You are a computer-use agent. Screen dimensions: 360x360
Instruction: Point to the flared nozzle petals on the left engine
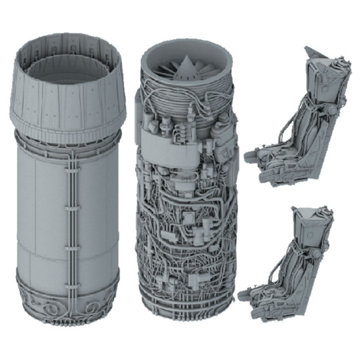(x=67, y=100)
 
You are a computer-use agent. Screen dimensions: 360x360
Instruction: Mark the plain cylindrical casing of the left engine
(x=40, y=213)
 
